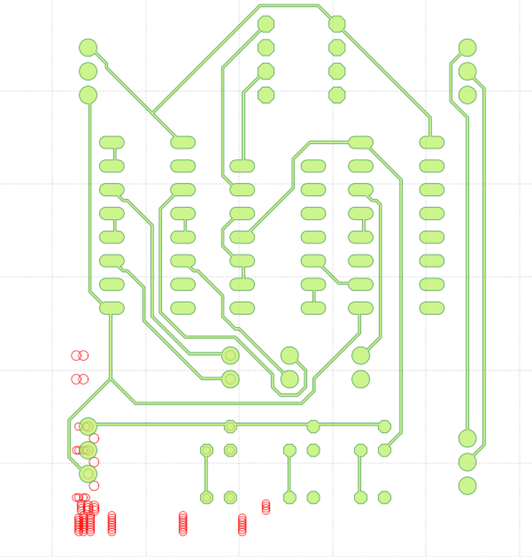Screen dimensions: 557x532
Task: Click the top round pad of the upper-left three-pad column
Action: [x=88, y=48]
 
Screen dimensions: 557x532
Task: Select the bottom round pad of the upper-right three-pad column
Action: [x=467, y=95]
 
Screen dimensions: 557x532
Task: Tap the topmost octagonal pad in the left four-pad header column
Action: [x=266, y=24]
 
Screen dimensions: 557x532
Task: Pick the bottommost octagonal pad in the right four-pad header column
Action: [x=337, y=95]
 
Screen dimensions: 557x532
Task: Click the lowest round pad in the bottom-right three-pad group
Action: [x=467, y=486]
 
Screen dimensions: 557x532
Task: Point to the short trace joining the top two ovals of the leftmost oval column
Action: [x=114, y=154]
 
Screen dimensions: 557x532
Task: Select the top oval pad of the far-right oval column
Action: [x=432, y=142]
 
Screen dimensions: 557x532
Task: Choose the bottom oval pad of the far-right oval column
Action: [x=432, y=308]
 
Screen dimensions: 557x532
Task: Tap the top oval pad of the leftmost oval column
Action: [x=112, y=142]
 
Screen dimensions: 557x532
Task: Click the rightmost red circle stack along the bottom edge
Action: [x=266, y=507]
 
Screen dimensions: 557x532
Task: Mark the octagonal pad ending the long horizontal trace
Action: [x=385, y=427]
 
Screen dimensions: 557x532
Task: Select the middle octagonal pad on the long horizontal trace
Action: [x=313, y=427]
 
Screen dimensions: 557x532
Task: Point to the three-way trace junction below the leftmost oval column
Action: [x=111, y=379]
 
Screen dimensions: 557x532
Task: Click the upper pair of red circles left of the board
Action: [x=80, y=355]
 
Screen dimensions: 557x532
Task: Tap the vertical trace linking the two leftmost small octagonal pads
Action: [x=206, y=474]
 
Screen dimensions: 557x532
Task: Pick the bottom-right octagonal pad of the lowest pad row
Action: [x=385, y=497]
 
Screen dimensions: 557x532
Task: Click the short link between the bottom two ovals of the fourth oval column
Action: [x=313, y=296]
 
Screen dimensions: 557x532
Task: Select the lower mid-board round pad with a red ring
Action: [x=230, y=379]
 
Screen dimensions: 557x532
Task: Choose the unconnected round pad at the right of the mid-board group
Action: [x=361, y=379]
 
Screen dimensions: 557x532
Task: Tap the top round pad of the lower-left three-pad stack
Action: [x=88, y=426]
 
